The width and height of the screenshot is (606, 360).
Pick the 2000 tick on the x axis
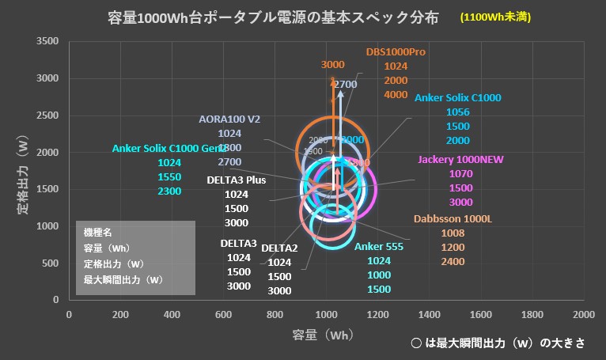coord(583,314)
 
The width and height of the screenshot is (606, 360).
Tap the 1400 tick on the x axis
coord(429,314)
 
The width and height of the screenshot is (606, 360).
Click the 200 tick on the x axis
coord(120,314)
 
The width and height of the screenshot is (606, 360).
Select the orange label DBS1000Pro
coord(396,52)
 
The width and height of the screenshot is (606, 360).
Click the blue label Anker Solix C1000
coord(457,98)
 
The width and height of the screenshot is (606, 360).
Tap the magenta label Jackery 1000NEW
coord(460,160)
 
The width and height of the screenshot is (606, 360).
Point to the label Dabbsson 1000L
coord(453,219)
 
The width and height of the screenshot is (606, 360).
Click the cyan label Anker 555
coord(379,247)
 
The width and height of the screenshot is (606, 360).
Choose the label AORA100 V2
coord(229,119)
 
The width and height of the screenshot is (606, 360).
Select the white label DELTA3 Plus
coord(237,180)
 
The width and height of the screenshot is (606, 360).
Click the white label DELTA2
coord(279,248)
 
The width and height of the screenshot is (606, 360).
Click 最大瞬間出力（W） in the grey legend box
coord(123,279)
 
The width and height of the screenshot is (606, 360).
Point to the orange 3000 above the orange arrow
coord(333,64)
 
